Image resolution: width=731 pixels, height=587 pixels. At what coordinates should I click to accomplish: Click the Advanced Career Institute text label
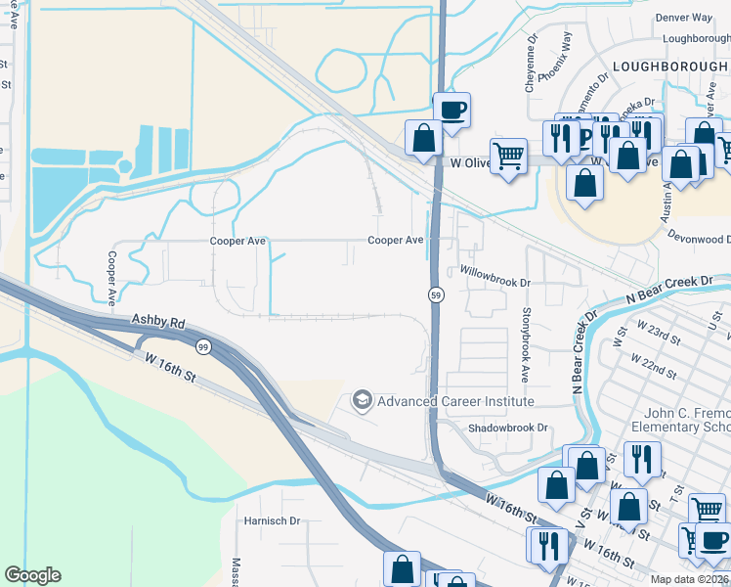click(455, 401)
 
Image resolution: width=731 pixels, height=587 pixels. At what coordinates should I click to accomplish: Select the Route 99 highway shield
click(203, 347)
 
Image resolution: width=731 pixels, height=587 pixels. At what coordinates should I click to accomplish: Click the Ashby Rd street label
click(157, 322)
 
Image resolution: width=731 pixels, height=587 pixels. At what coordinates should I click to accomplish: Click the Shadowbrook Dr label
click(508, 428)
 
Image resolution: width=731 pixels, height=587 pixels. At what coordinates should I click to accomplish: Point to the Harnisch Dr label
click(272, 521)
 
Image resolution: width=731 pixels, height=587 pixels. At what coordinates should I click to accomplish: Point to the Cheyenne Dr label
click(531, 65)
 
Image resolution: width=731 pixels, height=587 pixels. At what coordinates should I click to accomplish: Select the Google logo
click(32, 574)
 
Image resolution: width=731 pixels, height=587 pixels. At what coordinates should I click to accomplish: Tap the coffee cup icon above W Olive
click(451, 109)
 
